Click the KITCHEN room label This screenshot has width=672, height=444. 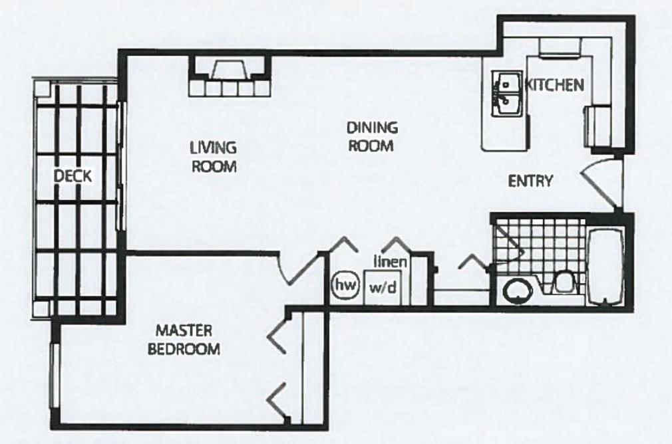pos(555,85)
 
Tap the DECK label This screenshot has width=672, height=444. pos(73,175)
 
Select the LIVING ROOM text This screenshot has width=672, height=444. pos(214,157)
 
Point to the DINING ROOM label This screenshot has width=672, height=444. pos(371,136)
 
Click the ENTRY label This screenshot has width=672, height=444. pos(530,181)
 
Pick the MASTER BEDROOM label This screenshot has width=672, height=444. pos(184,340)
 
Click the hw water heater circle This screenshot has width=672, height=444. pos(345,284)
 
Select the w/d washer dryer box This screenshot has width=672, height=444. pos(383,288)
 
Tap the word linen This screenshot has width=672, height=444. pos(391,261)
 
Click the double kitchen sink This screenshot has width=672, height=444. pos(508,93)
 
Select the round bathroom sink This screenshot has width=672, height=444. pos(516,291)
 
